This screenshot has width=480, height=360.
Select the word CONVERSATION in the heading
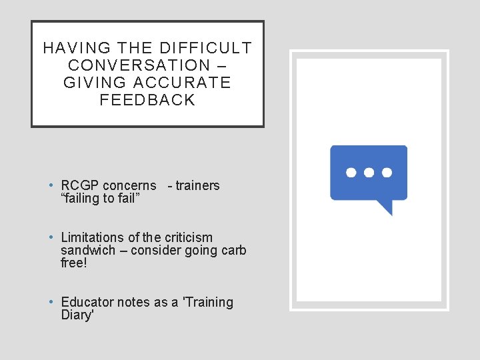pos(139,65)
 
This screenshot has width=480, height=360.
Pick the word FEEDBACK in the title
pos(147,100)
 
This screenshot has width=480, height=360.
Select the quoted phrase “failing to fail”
pos(100,198)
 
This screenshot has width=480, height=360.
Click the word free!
pos(73,263)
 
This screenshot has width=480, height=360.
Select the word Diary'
pos(77,315)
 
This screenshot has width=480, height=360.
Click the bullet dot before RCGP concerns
pos(51,185)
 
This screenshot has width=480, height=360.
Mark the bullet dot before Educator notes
pos(51,302)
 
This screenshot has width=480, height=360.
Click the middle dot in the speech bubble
pos(369,172)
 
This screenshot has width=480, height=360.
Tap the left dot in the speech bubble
pos(351,172)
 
